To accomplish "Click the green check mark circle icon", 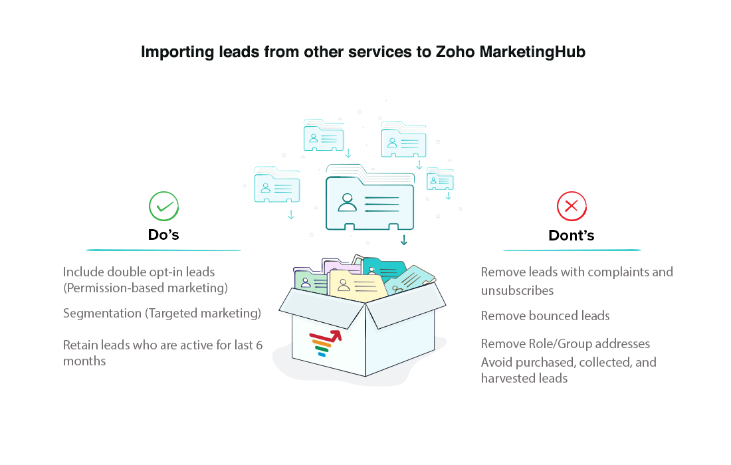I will point(163,207).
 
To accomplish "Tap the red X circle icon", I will point(571,207).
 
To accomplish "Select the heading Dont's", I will point(571,235).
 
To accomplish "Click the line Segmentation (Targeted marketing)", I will point(162,313).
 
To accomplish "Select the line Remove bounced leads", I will point(545,316).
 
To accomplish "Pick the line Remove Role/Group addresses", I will point(565,343).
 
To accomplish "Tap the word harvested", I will point(507,378).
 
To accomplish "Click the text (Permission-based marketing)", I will point(146,288).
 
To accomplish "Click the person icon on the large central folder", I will point(347,202).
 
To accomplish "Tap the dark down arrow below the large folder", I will point(403,240).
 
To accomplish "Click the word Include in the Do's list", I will point(83,272).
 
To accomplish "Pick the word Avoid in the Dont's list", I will point(497,362).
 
